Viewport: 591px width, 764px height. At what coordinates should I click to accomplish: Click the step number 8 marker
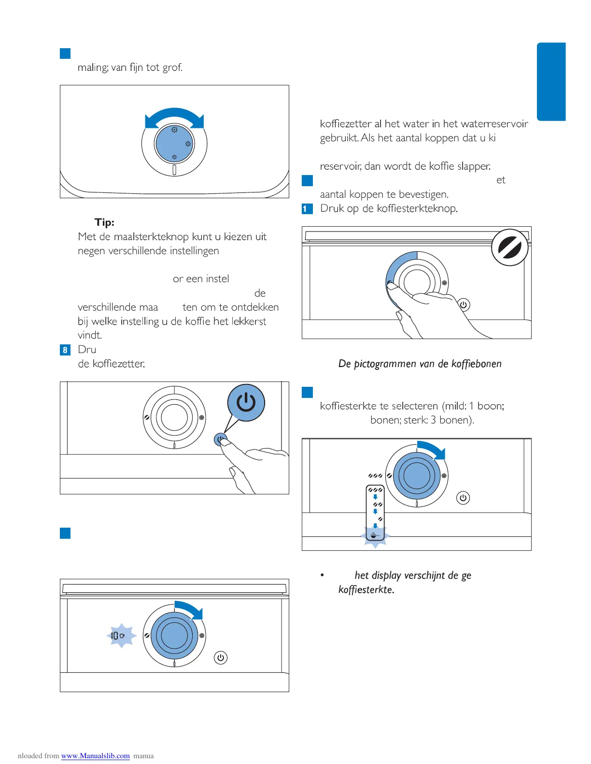(x=65, y=350)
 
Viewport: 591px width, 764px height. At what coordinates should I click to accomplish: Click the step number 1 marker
(x=306, y=209)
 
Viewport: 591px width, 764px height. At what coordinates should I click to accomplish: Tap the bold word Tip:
(x=104, y=222)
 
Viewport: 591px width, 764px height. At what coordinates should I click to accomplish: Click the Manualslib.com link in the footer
(x=95, y=756)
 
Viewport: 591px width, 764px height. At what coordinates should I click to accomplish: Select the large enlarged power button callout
(x=246, y=402)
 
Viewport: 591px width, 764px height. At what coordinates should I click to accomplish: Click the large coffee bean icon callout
(x=510, y=247)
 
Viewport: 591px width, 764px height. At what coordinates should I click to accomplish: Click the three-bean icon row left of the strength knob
(x=375, y=476)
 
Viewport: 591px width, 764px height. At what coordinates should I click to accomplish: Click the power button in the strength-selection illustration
(x=463, y=498)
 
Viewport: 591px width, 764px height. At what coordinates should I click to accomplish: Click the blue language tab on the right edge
(x=551, y=82)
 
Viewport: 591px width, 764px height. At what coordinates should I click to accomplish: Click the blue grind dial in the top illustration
(x=174, y=144)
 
